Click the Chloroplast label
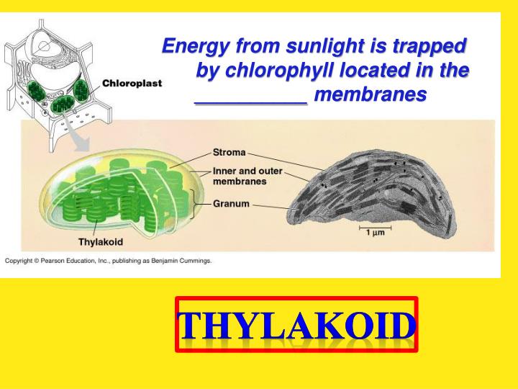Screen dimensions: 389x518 tap(132, 83)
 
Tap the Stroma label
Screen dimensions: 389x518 tap(229, 153)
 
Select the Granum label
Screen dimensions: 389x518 tap(231, 204)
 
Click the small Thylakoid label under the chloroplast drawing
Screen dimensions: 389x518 tap(100, 242)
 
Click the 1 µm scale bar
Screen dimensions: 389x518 tap(373, 231)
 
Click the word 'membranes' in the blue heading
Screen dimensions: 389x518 tap(371, 94)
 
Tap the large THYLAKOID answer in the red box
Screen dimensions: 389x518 tap(296, 326)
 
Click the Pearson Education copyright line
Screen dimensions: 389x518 tap(108, 261)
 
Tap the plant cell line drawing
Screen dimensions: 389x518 tap(50, 72)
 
